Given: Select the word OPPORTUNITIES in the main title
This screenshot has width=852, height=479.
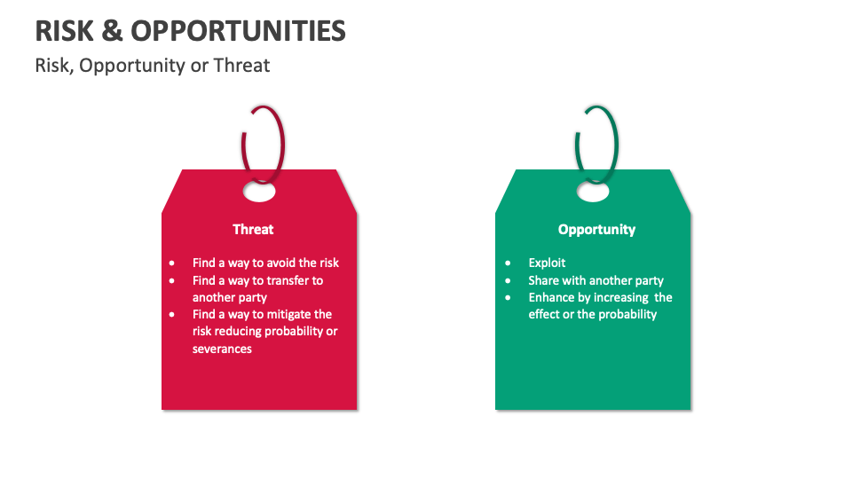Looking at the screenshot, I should tap(239, 31).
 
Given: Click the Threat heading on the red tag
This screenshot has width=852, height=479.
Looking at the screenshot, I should tap(253, 230).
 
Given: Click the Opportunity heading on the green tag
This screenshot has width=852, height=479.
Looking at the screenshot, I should tap(596, 230).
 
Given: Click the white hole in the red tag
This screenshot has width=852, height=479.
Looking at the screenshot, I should tap(259, 191).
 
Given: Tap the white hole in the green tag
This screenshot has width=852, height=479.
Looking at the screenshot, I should tap(593, 191).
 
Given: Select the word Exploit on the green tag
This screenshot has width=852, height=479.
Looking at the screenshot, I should tap(547, 263).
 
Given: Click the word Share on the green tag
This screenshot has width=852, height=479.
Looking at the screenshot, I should tap(544, 280).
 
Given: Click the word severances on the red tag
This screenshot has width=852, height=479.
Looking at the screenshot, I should tap(222, 349).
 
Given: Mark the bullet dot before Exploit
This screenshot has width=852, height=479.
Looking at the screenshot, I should tap(509, 263).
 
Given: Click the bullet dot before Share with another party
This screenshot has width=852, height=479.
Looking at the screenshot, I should tap(509, 280).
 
